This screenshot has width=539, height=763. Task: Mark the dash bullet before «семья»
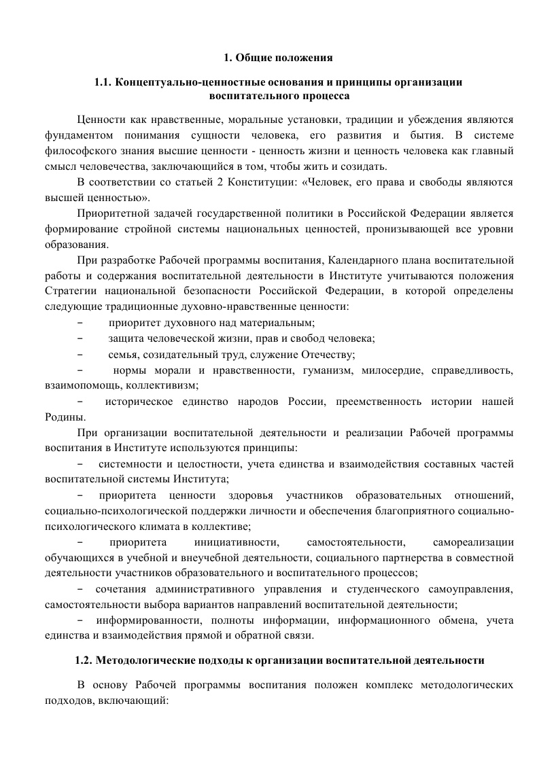coord(81,355)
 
